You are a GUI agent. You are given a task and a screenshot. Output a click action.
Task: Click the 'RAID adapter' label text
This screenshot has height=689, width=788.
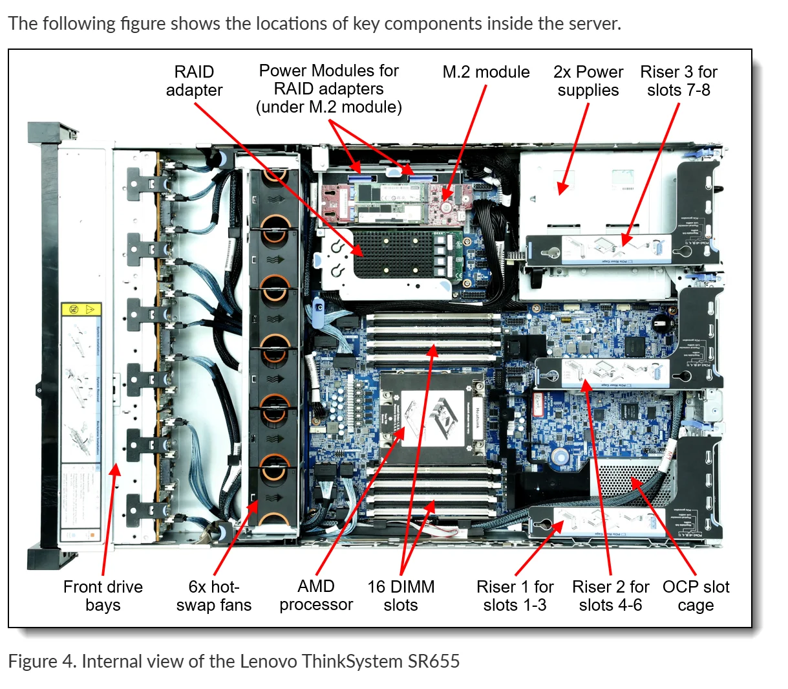(x=194, y=81)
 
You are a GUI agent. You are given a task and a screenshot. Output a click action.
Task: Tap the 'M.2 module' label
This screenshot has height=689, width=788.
(x=485, y=72)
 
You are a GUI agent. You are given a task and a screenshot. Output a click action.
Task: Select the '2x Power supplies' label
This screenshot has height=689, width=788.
(x=588, y=81)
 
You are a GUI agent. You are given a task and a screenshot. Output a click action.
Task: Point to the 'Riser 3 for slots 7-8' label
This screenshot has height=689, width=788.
(x=678, y=81)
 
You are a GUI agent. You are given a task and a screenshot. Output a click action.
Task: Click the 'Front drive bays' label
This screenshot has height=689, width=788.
(x=103, y=596)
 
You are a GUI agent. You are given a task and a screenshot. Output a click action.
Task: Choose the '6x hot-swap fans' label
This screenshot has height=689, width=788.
(x=213, y=596)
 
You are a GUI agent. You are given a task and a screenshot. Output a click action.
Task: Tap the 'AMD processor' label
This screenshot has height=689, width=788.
(x=316, y=596)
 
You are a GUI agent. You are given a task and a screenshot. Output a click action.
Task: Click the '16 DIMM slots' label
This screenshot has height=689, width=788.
(x=401, y=596)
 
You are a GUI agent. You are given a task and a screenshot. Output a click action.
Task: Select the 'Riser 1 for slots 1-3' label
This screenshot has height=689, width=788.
(x=515, y=596)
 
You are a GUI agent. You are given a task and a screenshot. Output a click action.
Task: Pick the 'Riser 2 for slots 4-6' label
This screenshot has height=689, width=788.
(x=610, y=596)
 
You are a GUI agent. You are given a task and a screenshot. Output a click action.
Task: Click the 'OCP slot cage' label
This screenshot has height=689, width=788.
(x=696, y=596)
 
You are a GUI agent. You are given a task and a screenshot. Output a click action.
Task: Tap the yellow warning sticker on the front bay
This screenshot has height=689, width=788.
(x=81, y=309)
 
